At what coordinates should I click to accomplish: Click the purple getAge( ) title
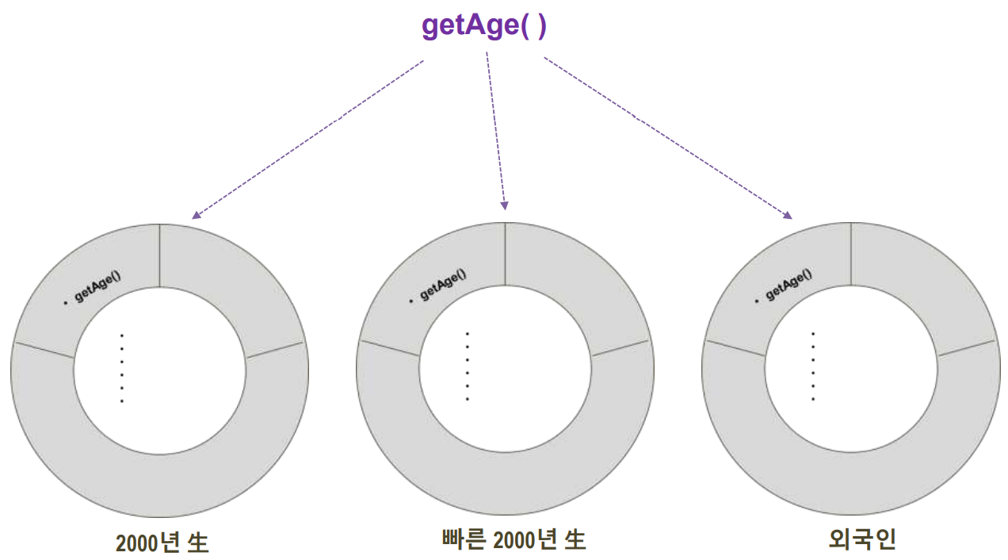[x=483, y=26]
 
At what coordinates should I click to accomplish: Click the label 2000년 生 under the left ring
[x=162, y=543]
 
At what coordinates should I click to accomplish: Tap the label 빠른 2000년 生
[x=513, y=540]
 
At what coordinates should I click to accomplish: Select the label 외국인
[x=861, y=540]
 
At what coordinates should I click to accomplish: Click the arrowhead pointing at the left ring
[x=196, y=215]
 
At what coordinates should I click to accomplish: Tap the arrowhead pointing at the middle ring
[x=504, y=206]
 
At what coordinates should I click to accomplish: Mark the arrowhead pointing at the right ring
[x=787, y=215]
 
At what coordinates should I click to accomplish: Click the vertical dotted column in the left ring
[x=121, y=368]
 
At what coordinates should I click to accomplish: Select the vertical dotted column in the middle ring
[x=467, y=366]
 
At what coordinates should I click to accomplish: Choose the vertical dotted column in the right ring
[x=813, y=366]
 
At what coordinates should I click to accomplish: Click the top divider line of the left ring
[x=160, y=255]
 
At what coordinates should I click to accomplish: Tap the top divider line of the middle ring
[x=506, y=254]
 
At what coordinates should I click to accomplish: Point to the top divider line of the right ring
[x=851, y=254]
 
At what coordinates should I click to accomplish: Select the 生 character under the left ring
[x=198, y=543]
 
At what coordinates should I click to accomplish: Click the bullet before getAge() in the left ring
[x=65, y=303]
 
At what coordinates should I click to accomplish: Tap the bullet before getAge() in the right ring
[x=757, y=301]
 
